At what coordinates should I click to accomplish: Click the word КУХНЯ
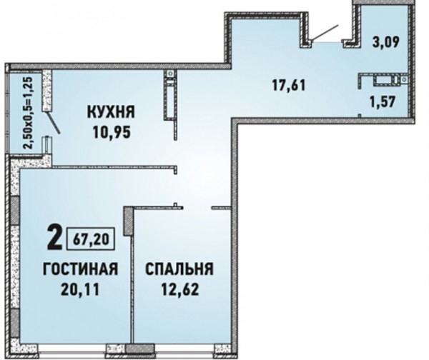(111, 112)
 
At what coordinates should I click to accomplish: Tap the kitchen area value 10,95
(112, 132)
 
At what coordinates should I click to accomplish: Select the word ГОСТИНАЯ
(80, 269)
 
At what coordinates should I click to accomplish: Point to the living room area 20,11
(80, 289)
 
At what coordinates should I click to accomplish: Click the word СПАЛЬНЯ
(179, 269)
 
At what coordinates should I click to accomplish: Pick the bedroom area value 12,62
(179, 289)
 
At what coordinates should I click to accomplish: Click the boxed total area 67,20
(91, 239)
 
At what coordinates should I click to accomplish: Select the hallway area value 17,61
(289, 85)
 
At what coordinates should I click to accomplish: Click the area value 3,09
(386, 42)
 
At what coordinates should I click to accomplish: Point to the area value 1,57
(383, 102)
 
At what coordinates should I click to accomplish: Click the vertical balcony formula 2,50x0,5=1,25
(29, 113)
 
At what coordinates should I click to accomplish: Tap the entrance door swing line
(325, 33)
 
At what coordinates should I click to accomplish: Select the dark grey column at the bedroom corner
(128, 221)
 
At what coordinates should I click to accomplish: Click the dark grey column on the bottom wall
(140, 349)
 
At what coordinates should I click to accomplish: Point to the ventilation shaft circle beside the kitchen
(171, 74)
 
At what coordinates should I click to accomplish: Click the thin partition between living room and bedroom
(132, 289)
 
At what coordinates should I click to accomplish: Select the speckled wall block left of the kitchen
(47, 91)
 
